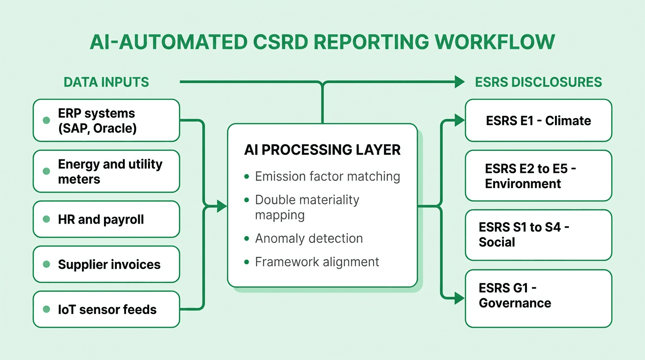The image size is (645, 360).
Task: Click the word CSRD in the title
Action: [280, 42]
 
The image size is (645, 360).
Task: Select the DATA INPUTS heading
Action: [106, 82]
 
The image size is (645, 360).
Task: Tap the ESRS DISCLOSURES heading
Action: [539, 82]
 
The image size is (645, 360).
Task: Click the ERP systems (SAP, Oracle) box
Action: [106, 120]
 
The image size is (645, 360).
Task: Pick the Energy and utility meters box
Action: [106, 172]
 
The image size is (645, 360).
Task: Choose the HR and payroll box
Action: [106, 219]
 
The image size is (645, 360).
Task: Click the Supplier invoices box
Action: [106, 264]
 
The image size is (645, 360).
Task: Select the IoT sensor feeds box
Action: [106, 309]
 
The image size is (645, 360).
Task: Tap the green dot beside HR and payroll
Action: [46, 219]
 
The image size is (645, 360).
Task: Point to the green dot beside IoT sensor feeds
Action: [46, 309]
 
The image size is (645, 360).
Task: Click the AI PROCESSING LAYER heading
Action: [322, 150]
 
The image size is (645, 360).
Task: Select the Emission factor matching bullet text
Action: [327, 177]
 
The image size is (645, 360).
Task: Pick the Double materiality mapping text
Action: [307, 207]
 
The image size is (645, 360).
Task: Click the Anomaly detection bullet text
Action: [308, 239]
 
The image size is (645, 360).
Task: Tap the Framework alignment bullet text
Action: [317, 262]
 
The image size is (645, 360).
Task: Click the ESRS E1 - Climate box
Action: [538, 120]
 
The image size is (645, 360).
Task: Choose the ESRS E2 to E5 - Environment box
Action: [538, 176]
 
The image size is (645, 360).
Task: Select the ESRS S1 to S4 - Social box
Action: [538, 235]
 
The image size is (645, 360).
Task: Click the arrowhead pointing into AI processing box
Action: [222, 206]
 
